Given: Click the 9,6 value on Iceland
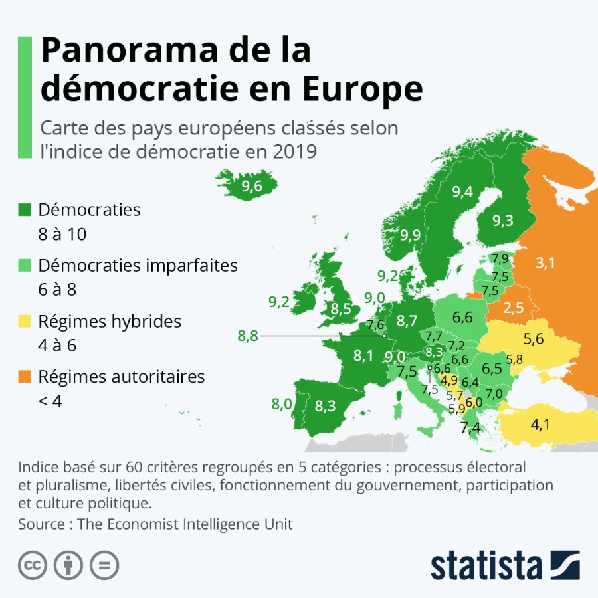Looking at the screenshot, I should [x=252, y=187].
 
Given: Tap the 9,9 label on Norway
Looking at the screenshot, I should [x=410, y=235].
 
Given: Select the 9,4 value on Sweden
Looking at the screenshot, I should [x=462, y=192].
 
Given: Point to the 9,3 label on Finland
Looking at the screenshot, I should [x=503, y=220].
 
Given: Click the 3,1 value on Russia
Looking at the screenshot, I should [x=545, y=263].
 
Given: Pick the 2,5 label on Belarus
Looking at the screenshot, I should [x=514, y=308].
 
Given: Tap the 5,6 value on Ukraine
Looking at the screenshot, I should [x=534, y=339].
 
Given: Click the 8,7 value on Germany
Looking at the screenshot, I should [x=407, y=321].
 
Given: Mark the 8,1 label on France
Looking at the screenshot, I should [x=363, y=355].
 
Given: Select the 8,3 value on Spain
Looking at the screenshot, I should [x=325, y=406].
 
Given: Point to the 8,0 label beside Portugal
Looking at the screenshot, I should [x=282, y=403].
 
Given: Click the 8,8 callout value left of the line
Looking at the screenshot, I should [x=248, y=336].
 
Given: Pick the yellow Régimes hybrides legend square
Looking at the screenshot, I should [x=25, y=322].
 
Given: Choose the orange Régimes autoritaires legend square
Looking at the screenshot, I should [x=25, y=377].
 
